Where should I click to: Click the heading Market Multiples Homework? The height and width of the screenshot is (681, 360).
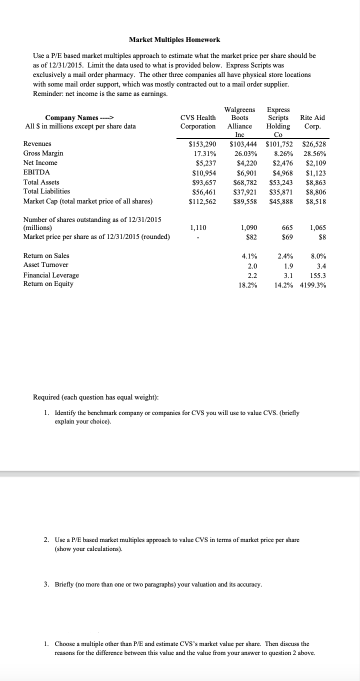(174, 39)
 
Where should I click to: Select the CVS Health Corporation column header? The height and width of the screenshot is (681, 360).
(198, 122)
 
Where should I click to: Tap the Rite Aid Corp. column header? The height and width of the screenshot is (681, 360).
(312, 122)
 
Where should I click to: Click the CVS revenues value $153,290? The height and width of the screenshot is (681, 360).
(202, 144)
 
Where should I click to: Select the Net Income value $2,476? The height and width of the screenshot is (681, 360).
(282, 163)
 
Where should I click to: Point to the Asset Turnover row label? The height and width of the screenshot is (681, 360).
(46, 265)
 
